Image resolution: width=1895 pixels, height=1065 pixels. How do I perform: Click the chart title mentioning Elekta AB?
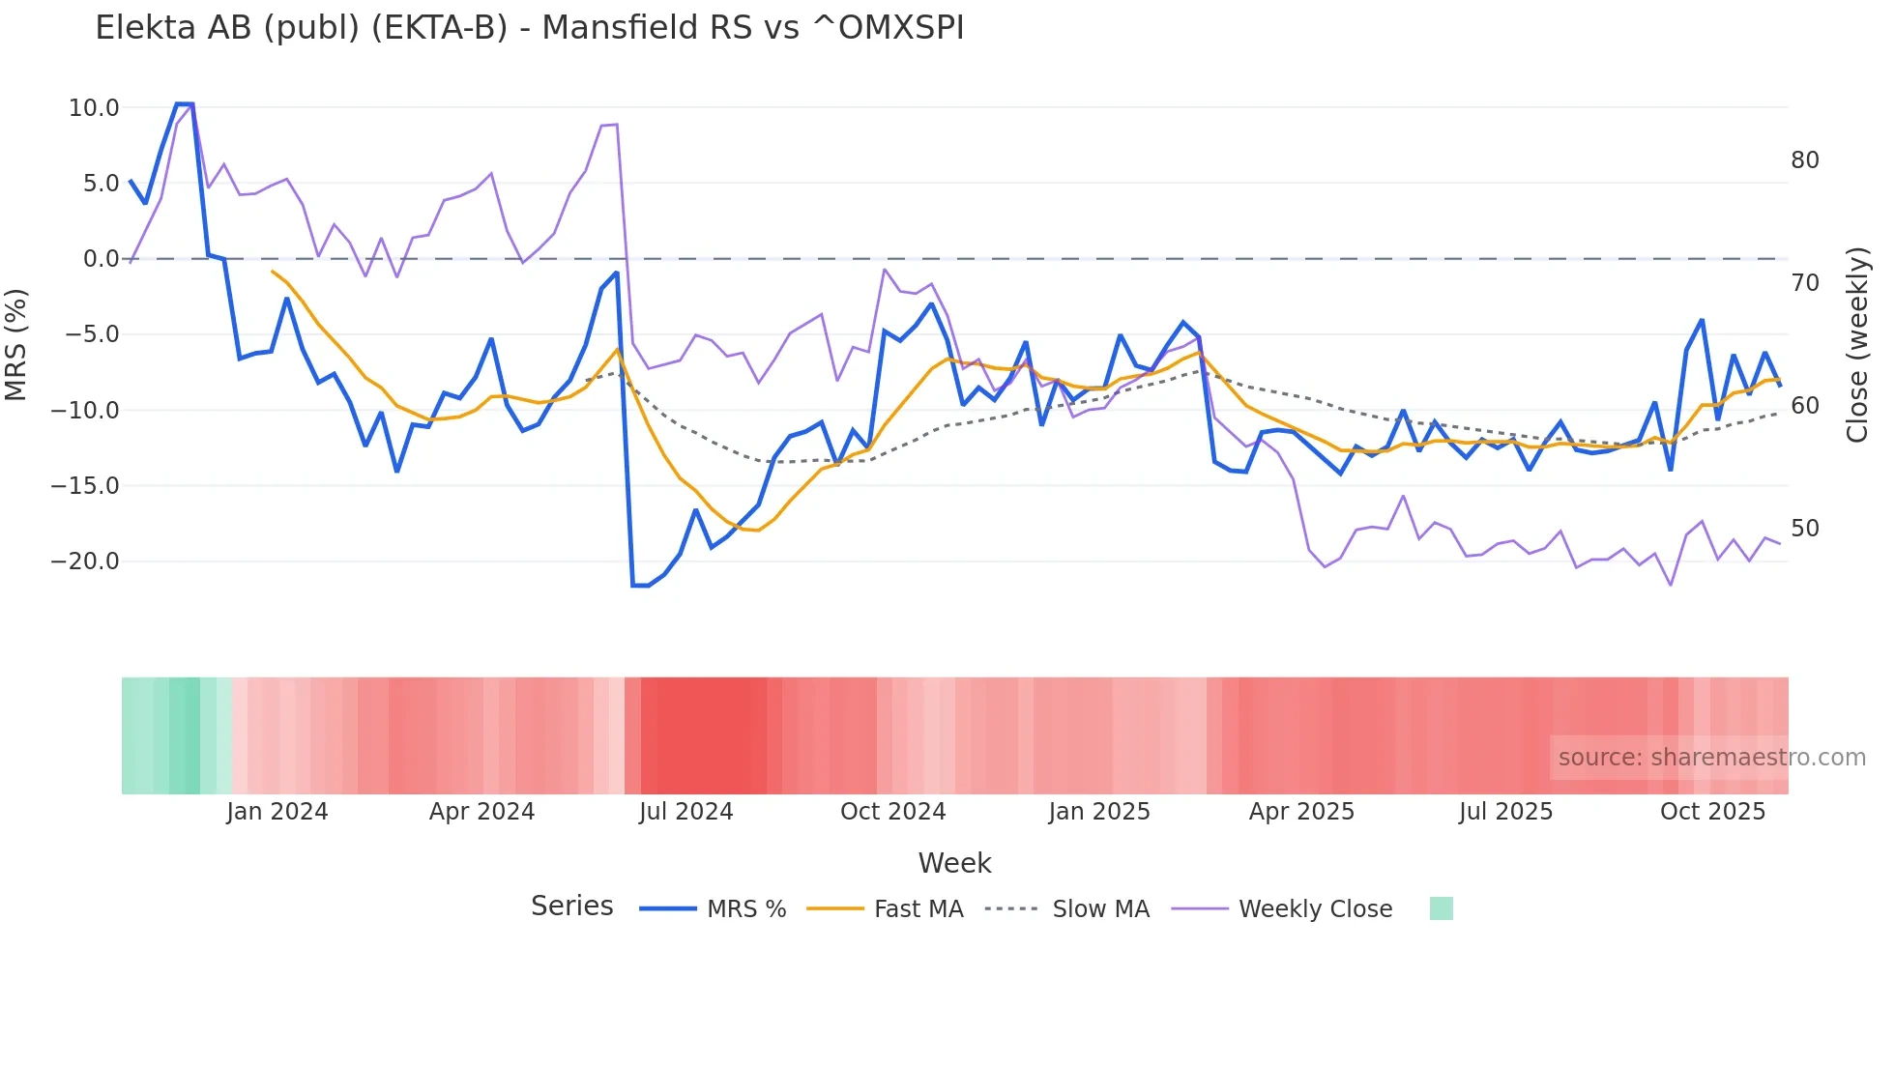point(529,28)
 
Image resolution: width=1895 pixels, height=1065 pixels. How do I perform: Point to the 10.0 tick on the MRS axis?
point(94,107)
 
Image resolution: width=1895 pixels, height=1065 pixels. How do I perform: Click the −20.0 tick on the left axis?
point(85,561)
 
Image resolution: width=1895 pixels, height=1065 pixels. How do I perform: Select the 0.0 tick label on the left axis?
point(101,259)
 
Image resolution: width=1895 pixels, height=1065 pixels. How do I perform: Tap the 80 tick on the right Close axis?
point(1804,160)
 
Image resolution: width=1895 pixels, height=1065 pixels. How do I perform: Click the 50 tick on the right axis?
point(1804,529)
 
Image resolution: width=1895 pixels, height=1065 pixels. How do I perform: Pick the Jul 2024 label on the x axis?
point(685,812)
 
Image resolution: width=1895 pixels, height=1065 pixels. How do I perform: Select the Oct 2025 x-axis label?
point(1712,812)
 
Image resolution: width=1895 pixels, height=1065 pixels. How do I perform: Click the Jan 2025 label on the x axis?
point(1099,812)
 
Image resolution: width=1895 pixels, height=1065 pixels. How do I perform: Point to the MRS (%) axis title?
point(16,344)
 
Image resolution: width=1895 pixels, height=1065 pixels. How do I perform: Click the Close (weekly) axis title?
point(1857,344)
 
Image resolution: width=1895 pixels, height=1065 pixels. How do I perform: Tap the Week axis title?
point(954,863)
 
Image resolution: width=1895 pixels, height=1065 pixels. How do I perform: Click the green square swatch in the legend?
point(1441,908)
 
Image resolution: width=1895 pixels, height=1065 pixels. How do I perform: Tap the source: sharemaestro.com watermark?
point(1711,758)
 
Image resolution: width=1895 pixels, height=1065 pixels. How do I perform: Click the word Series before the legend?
point(571,907)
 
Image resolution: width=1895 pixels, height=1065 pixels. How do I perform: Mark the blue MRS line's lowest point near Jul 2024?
point(640,586)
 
